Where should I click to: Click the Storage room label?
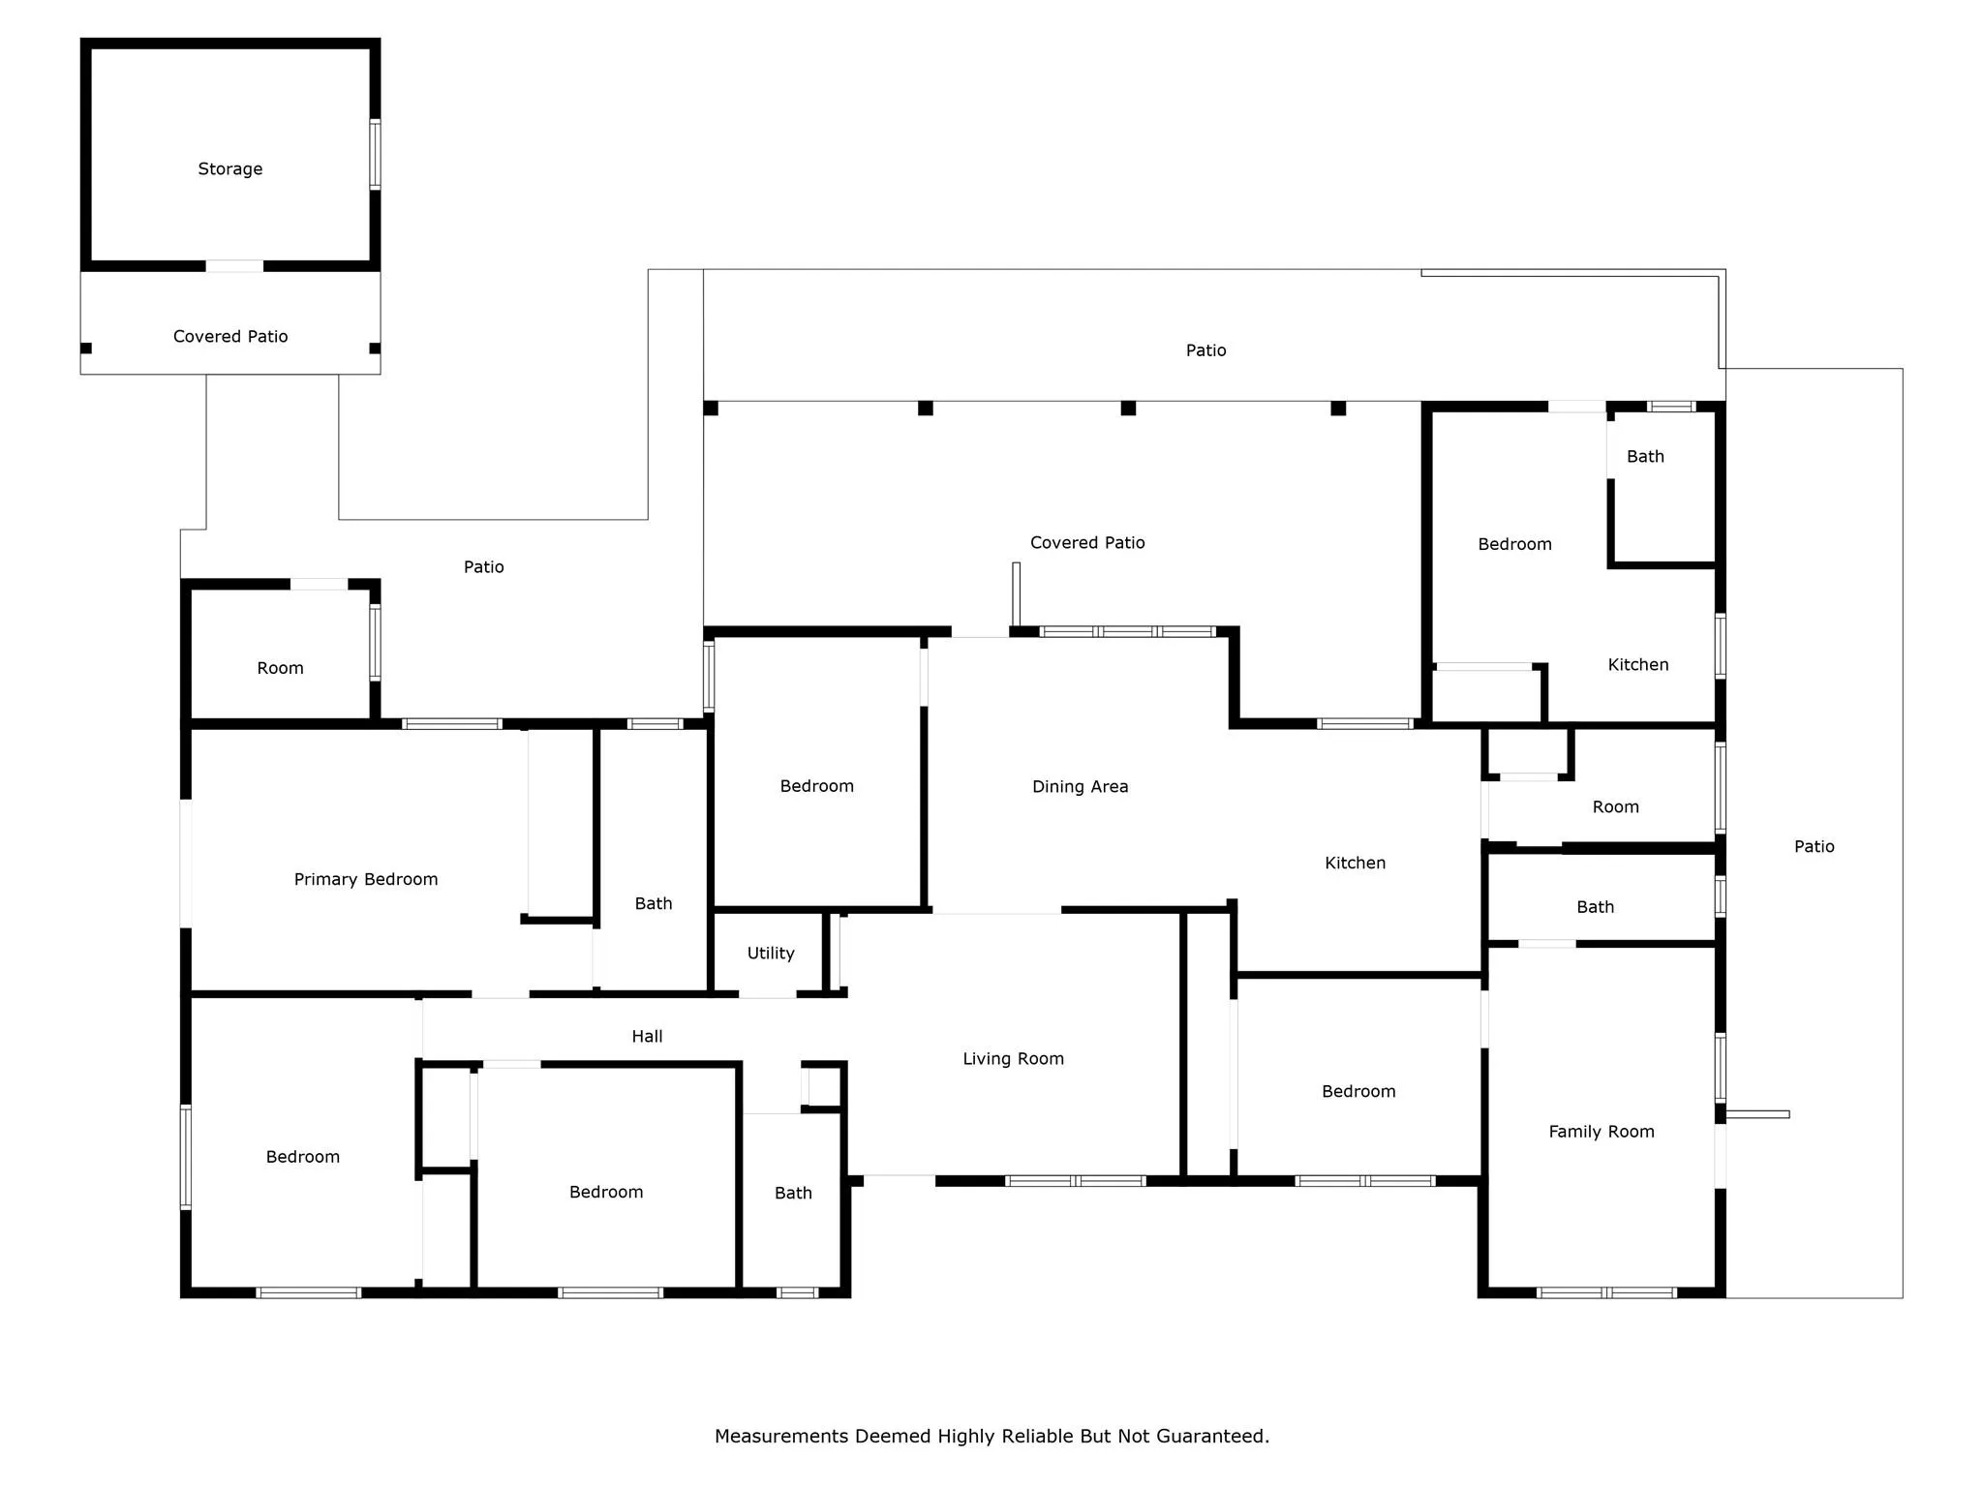point(230,169)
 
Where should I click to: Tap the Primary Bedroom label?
point(366,880)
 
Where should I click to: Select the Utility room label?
point(771,954)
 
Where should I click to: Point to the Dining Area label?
point(1081,787)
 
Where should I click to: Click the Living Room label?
point(1014,1059)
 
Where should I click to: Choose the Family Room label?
point(1602,1132)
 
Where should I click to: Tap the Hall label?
point(648,1037)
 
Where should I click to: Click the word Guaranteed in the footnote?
point(1211,1437)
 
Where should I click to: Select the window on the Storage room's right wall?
point(375,154)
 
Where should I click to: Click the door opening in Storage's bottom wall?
point(234,265)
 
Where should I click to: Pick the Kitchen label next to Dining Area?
point(1356,864)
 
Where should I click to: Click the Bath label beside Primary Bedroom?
point(654,904)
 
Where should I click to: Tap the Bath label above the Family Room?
point(1596,908)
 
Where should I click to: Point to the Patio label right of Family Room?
point(1815,847)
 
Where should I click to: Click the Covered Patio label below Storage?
point(230,337)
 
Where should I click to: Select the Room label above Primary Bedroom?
point(281,669)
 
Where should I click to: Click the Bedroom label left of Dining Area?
point(817,787)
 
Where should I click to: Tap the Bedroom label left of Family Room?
point(1358,1092)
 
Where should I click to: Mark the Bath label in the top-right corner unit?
point(1645,457)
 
